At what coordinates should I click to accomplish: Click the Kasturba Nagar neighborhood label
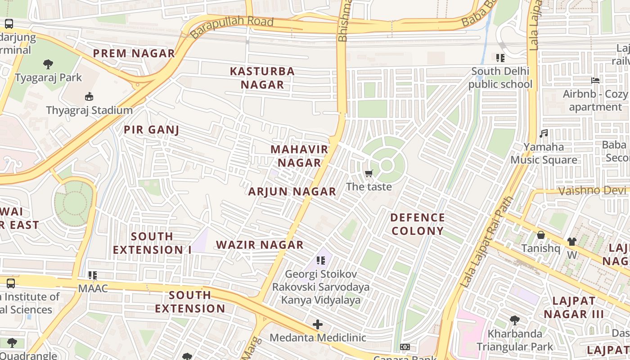(x=262, y=78)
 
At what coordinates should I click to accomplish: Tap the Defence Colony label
(x=418, y=224)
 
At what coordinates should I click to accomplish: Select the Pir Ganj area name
(x=151, y=130)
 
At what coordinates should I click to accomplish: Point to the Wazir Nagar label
(x=260, y=245)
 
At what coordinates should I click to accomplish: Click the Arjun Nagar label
(x=292, y=192)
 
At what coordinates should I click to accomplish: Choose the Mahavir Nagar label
(x=299, y=156)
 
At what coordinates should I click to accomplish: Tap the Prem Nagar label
(x=134, y=54)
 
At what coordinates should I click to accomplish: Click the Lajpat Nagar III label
(x=573, y=307)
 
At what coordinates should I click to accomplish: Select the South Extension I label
(x=152, y=243)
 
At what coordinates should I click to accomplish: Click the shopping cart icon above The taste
(x=369, y=174)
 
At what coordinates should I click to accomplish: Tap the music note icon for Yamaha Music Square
(x=544, y=134)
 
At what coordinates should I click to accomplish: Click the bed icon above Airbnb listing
(x=595, y=81)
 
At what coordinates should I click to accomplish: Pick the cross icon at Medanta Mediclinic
(x=318, y=324)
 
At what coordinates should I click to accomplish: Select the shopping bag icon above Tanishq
(x=540, y=235)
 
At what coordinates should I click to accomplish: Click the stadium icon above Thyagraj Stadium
(x=89, y=97)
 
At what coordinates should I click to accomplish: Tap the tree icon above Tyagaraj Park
(x=48, y=64)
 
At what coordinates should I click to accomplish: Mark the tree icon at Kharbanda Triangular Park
(x=515, y=320)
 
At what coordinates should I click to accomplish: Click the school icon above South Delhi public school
(x=500, y=58)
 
